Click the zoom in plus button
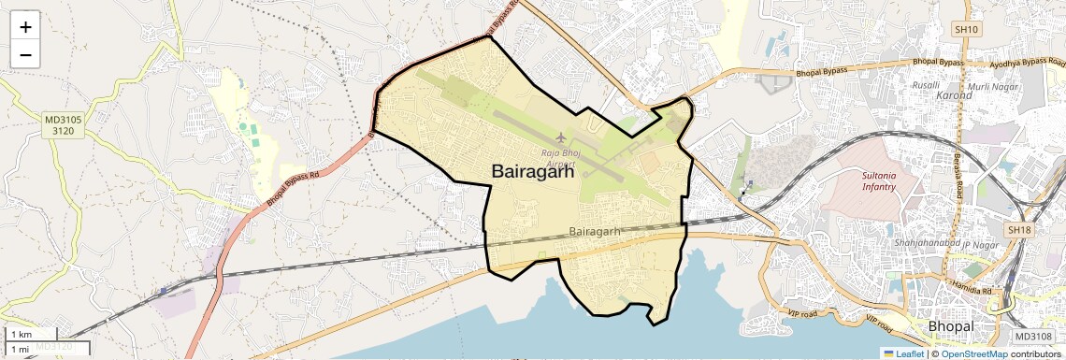(25, 27)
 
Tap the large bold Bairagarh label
(532, 170)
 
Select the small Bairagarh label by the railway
(596, 231)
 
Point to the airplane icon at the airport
(561, 140)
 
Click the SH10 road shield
(966, 30)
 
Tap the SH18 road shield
(1018, 229)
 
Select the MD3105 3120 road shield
(64, 125)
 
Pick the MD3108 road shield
(1033, 337)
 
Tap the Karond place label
(954, 95)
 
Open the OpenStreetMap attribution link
(973, 353)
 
